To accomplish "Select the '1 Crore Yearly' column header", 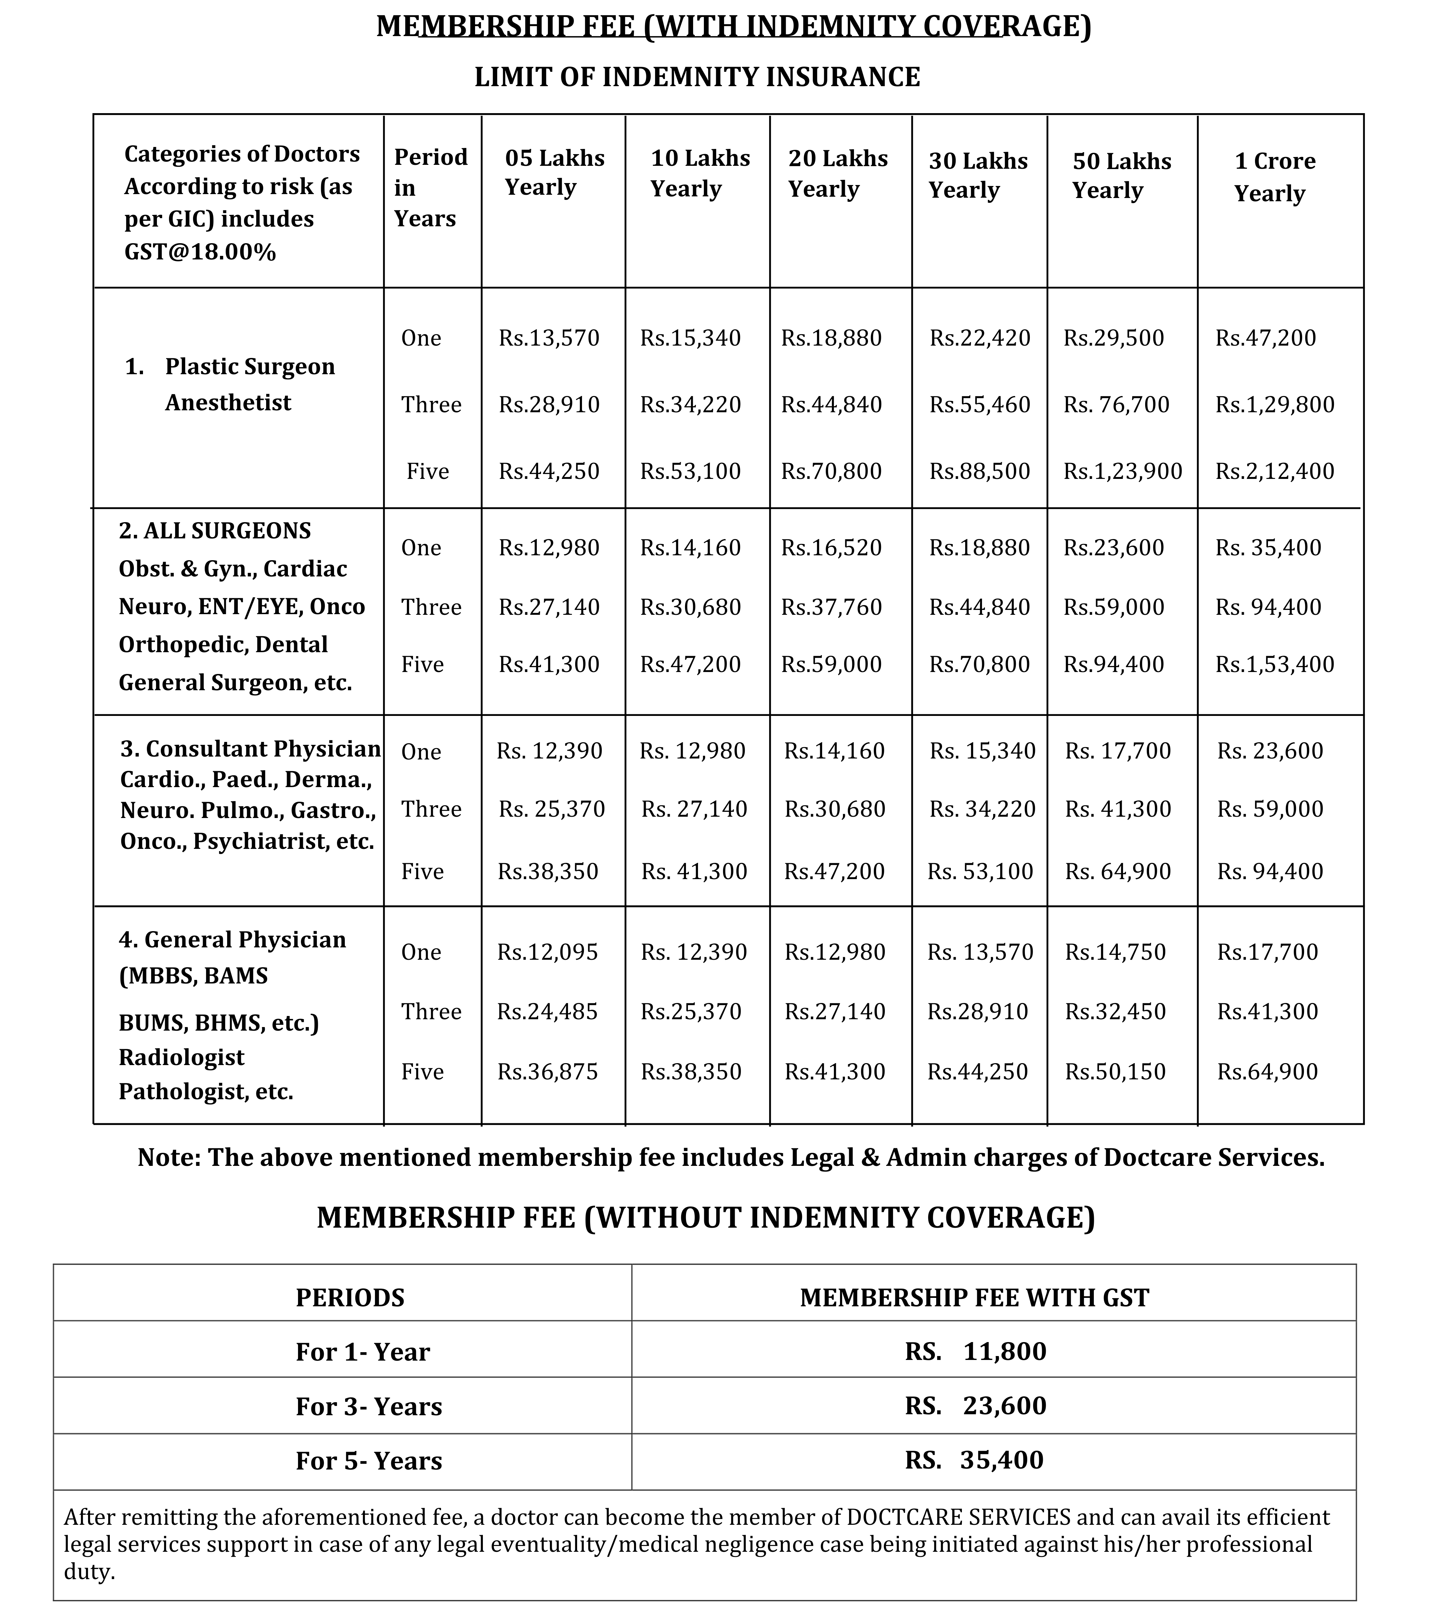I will (x=1274, y=176).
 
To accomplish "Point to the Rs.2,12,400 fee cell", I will (x=1274, y=471).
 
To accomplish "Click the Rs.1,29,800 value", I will (x=1274, y=405).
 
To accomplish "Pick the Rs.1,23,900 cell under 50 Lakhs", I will (x=1122, y=471).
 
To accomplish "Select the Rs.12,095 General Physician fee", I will (x=548, y=952).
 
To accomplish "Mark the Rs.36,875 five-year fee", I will (x=548, y=1072).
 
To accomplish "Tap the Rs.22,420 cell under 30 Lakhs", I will (x=980, y=338).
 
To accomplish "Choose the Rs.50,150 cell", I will (x=1115, y=1072).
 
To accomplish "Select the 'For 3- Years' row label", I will (x=368, y=1407).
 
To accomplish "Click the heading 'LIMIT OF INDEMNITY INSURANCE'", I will (x=697, y=77).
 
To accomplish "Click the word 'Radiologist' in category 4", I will (x=182, y=1058).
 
